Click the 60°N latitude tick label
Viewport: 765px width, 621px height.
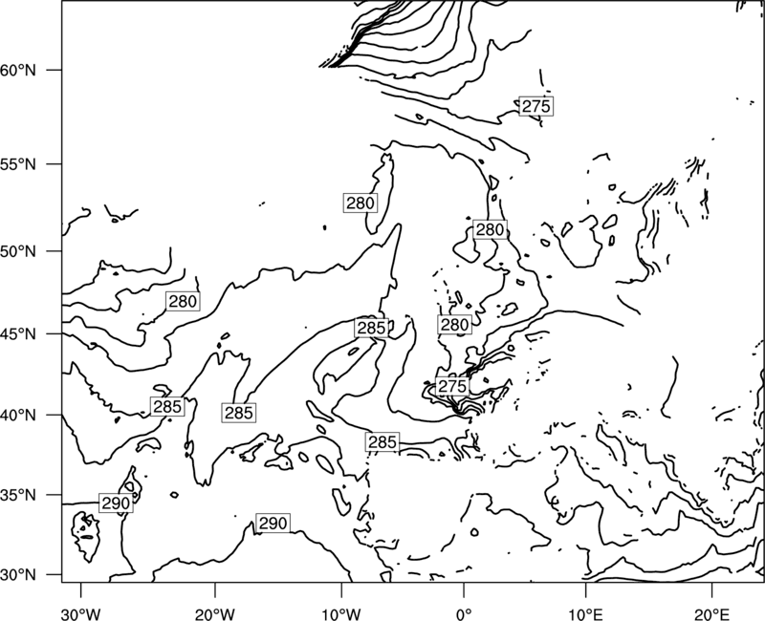click(x=18, y=70)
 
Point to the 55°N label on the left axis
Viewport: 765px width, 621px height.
click(x=18, y=164)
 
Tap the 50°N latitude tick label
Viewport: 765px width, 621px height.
click(x=18, y=251)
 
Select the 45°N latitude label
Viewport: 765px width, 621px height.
click(x=18, y=333)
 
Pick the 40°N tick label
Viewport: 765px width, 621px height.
click(x=18, y=416)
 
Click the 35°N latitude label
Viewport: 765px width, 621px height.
click(x=18, y=495)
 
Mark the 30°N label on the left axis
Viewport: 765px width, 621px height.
click(x=18, y=575)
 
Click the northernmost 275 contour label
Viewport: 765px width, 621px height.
click(x=535, y=106)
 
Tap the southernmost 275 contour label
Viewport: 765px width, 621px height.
click(x=452, y=387)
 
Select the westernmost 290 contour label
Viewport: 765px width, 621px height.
click(x=116, y=503)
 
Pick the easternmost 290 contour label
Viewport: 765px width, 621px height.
click(x=273, y=523)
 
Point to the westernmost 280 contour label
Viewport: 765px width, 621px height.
click(x=183, y=302)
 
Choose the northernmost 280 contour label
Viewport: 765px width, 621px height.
click(x=361, y=203)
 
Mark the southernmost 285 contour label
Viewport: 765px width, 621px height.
click(x=382, y=442)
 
